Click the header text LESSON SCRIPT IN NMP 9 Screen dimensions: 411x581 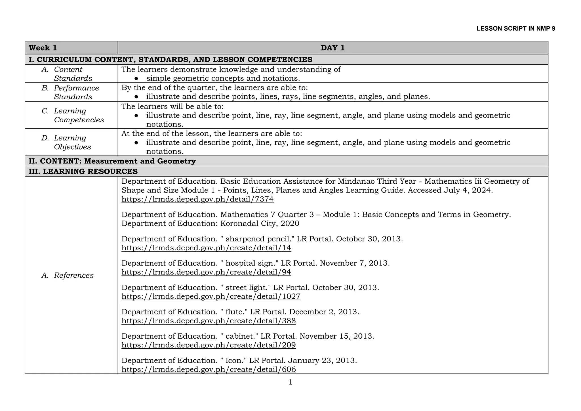tap(516, 29)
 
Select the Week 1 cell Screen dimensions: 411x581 tap(43, 48)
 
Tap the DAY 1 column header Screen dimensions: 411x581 tap(332, 48)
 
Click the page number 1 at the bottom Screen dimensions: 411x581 tap(290, 382)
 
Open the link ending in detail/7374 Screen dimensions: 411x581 tap(197, 199)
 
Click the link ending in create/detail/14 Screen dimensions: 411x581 tap(206, 248)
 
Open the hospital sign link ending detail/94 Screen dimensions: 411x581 tap(206, 272)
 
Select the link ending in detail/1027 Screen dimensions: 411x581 tap(211, 297)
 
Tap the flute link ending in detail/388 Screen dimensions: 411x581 tap(209, 321)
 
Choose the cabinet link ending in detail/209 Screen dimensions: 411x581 tap(209, 345)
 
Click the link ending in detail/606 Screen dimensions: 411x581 tap(209, 370)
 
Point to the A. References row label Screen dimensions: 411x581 tap(68, 275)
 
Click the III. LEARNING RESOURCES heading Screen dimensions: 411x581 tap(83, 171)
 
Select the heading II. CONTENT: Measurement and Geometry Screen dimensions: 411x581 tap(112, 161)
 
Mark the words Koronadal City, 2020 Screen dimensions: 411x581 tap(260, 223)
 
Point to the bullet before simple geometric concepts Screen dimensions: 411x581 tap(136, 79)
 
